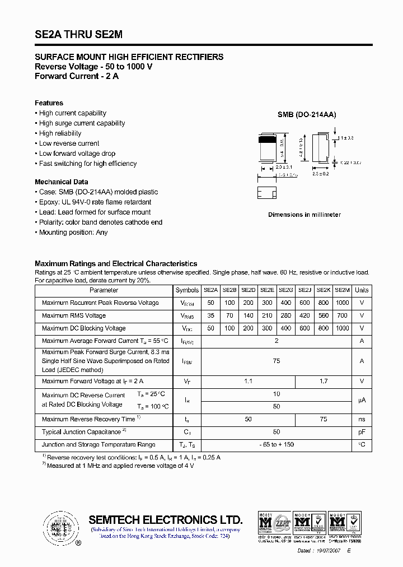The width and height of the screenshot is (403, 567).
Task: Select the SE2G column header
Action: click(285, 290)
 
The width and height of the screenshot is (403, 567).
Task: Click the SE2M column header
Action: click(343, 290)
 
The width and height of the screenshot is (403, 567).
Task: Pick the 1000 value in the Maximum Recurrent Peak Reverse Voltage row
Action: click(343, 303)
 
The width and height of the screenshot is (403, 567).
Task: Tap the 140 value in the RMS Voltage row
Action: click(248, 316)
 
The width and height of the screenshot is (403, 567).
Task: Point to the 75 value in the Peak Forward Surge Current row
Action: click(277, 361)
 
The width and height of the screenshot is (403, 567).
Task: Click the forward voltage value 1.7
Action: click(324, 382)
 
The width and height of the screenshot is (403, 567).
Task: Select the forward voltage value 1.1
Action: click(249, 382)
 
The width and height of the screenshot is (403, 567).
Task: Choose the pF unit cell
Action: click(362, 432)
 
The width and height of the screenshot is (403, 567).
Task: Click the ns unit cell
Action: click(362, 419)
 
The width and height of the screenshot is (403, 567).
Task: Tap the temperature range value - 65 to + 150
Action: click(277, 445)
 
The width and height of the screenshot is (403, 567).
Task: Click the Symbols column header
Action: click(187, 290)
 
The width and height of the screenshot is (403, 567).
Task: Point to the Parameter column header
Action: click(104, 290)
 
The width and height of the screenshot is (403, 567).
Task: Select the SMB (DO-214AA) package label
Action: click(307, 114)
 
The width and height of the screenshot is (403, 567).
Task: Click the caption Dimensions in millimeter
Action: click(304, 215)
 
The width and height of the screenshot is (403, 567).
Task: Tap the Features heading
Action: click(49, 103)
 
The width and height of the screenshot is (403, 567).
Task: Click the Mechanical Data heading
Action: click(62, 182)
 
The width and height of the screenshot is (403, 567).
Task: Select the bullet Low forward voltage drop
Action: click(77, 154)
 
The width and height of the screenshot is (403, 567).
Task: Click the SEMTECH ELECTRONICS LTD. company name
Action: click(166, 519)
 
